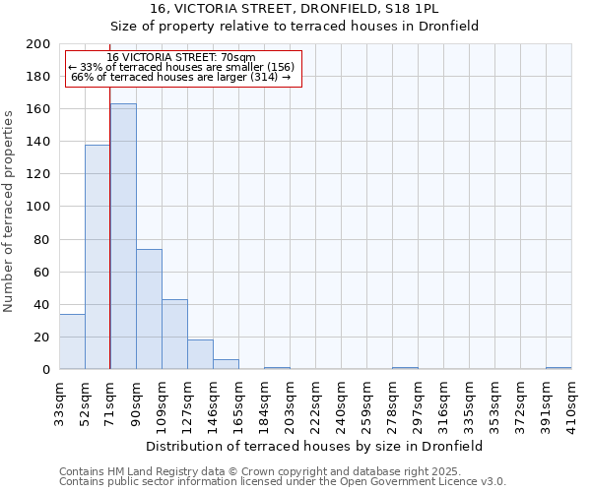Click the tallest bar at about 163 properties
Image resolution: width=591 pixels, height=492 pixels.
click(123, 236)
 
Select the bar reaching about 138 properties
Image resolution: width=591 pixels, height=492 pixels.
click(98, 257)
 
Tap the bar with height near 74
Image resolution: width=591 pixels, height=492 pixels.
click(149, 309)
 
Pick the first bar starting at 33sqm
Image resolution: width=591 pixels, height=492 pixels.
click(72, 341)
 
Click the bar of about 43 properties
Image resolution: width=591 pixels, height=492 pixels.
click(174, 335)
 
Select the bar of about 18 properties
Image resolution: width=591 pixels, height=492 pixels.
click(200, 354)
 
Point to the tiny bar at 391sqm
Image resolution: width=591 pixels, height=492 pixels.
click(558, 368)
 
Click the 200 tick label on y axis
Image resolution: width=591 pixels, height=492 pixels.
click(38, 44)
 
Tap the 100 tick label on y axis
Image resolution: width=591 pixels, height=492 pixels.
click(38, 207)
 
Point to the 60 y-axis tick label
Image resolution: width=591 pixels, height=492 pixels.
click(41, 272)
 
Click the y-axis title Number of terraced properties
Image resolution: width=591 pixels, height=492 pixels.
click(9, 211)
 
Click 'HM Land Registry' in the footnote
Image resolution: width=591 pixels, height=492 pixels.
click(148, 471)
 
